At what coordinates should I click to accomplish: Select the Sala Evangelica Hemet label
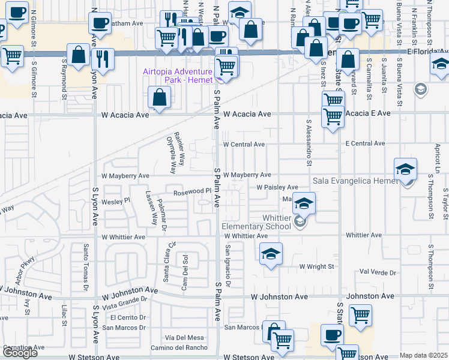coord(354,181)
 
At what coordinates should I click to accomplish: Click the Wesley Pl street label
coord(116,202)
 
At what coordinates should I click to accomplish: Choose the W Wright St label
coord(316,266)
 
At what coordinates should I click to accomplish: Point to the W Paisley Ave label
coord(277,188)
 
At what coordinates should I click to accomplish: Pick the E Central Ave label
coord(365,144)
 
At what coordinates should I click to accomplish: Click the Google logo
coord(20,353)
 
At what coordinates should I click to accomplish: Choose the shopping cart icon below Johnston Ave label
coord(360,315)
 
